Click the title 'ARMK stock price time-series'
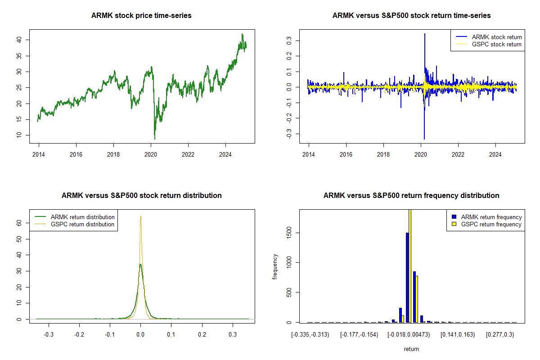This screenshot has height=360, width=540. pyautogui.click(x=141, y=16)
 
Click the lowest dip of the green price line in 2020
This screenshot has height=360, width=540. pyautogui.click(x=155, y=139)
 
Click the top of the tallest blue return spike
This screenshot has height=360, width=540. pyautogui.click(x=424, y=34)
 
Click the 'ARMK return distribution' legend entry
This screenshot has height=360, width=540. pyautogui.click(x=82, y=217)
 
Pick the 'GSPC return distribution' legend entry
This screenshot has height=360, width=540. pyautogui.click(x=82, y=224)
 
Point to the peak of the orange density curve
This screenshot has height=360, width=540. pyautogui.click(x=140, y=216)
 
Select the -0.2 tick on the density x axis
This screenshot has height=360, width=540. pyautogui.click(x=79, y=334)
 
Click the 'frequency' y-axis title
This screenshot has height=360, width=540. pyautogui.click(x=275, y=266)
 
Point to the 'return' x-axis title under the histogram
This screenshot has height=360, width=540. pyautogui.click(x=411, y=348)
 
